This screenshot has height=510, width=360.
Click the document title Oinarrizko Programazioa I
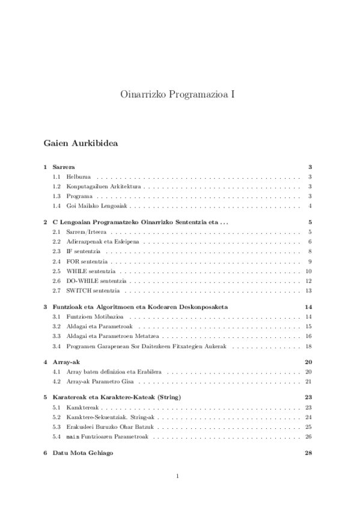[180, 94]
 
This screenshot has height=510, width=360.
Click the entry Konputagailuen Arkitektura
[99, 186]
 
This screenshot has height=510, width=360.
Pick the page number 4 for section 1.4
[309, 206]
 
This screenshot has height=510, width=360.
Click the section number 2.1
[56, 232]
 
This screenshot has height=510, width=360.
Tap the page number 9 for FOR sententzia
[309, 261]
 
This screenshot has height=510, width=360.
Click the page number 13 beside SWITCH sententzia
[308, 290]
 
